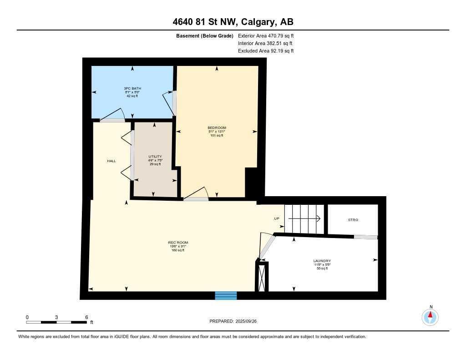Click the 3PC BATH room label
131,88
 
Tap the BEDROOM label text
217,128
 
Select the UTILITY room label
155,157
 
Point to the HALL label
111,161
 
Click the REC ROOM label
178,243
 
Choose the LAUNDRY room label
322,261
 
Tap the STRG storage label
353,220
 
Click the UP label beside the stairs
276,218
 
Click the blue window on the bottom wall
226,296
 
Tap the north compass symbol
430,316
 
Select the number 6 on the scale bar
86,317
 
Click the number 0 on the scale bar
27,317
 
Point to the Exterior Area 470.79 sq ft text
266,35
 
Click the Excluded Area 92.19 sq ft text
266,51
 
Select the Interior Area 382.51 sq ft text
266,43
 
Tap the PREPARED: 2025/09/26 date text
233,321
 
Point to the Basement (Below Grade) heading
204,35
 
